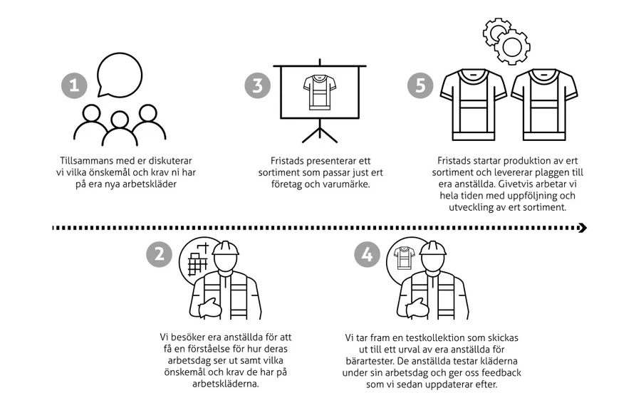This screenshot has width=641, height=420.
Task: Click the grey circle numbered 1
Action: pyautogui.click(x=74, y=86)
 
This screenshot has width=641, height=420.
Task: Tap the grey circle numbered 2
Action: pyautogui.click(x=160, y=255)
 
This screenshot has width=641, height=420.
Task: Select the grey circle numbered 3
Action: pyautogui.click(x=258, y=86)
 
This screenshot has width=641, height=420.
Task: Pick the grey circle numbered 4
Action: pyautogui.click(x=367, y=255)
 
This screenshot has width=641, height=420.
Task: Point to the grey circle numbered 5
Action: pyautogui.click(x=420, y=86)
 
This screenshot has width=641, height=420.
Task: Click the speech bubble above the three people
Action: pyautogui.click(x=120, y=75)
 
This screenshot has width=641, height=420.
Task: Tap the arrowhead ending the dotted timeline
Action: pyautogui.click(x=583, y=228)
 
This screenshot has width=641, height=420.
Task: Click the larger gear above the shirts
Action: pyautogui.click(x=512, y=47)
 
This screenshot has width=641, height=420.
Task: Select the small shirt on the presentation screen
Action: pyautogui.click(x=320, y=93)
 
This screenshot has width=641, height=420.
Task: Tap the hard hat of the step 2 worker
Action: pyautogui.click(x=225, y=248)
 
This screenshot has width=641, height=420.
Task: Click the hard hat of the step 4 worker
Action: pyautogui.click(x=433, y=248)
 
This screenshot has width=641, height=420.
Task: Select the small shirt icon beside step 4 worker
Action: pyautogui.click(x=405, y=258)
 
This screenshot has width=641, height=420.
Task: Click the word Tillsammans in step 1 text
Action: pyautogui.click(x=83, y=161)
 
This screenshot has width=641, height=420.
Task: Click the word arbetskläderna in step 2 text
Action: pyautogui.click(x=226, y=384)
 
